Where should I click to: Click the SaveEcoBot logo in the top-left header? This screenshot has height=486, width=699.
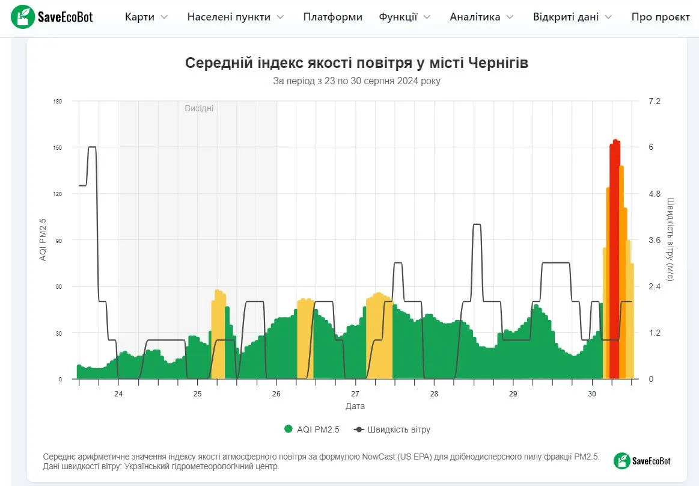point(52,17)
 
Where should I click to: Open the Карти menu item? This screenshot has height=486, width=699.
point(146,17)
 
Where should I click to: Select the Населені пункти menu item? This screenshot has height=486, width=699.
point(235,17)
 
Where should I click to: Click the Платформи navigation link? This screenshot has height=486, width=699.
point(332,17)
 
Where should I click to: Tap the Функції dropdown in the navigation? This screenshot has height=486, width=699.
point(404,17)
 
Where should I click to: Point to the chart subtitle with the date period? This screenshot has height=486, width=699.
point(356,81)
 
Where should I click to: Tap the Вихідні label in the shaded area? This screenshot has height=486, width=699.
point(199,108)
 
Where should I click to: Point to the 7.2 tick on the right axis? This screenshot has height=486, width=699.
point(654,101)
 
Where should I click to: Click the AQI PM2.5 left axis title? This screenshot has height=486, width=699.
point(43,240)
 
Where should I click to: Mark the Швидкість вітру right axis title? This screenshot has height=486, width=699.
point(670,240)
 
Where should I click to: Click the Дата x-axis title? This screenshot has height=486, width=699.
point(355,406)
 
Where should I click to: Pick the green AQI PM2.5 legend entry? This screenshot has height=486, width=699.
point(312,429)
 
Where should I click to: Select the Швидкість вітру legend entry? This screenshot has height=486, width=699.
point(392,429)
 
